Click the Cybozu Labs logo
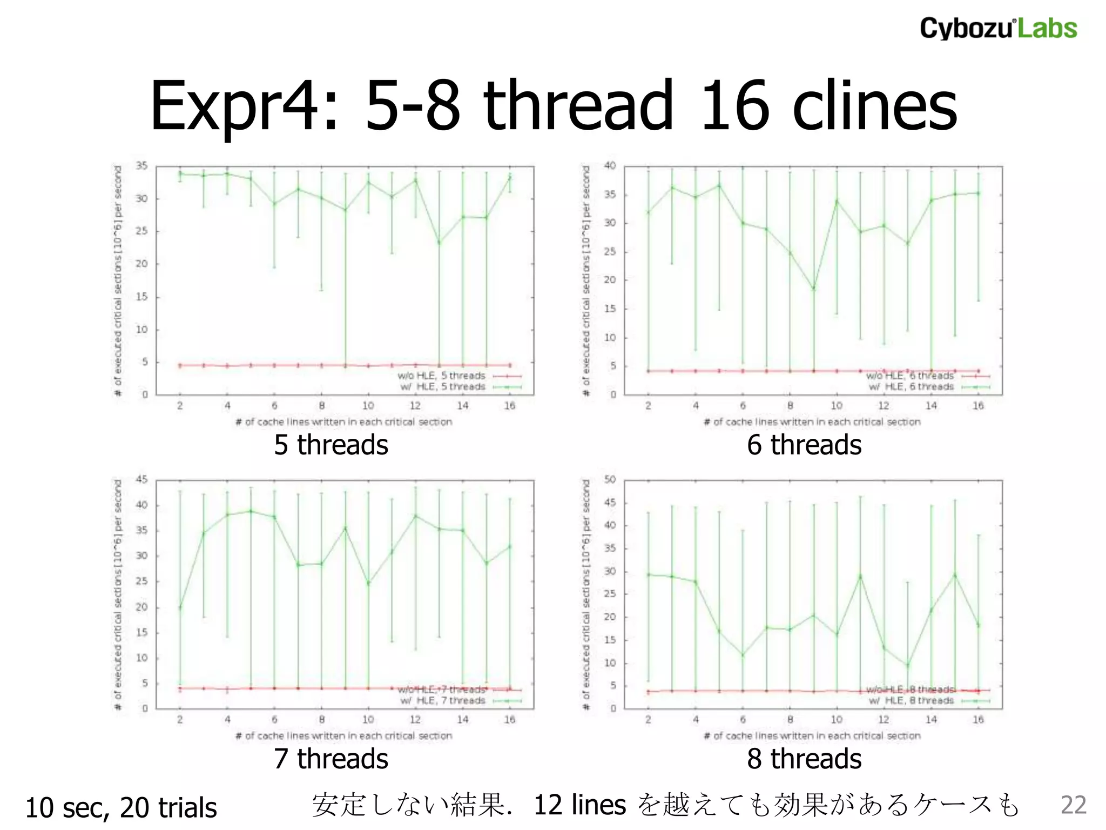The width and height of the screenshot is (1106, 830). click(998, 28)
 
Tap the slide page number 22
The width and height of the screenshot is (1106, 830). click(1073, 805)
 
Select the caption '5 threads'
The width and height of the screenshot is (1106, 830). click(331, 445)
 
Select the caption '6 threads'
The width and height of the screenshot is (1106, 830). click(804, 445)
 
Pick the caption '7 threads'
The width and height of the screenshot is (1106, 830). click(331, 758)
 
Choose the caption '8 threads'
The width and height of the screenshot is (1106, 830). click(804, 758)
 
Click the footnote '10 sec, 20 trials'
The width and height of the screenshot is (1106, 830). click(121, 808)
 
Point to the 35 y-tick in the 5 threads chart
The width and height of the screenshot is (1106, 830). click(141, 166)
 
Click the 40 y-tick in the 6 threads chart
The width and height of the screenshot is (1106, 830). click(610, 166)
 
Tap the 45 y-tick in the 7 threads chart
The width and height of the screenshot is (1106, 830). click(141, 479)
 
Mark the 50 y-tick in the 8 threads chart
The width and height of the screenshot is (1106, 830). click(610, 479)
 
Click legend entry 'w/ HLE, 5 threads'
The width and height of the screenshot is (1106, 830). click(443, 387)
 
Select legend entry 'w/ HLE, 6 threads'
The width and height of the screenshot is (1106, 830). click(911, 387)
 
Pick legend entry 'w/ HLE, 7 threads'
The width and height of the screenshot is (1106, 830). click(443, 701)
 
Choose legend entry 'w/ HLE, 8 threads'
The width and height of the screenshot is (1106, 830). click(911, 701)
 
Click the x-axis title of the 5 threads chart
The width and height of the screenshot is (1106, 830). click(343, 422)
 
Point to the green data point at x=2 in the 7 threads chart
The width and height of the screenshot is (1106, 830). click(180, 607)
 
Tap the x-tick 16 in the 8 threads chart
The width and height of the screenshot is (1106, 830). click(978, 720)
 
